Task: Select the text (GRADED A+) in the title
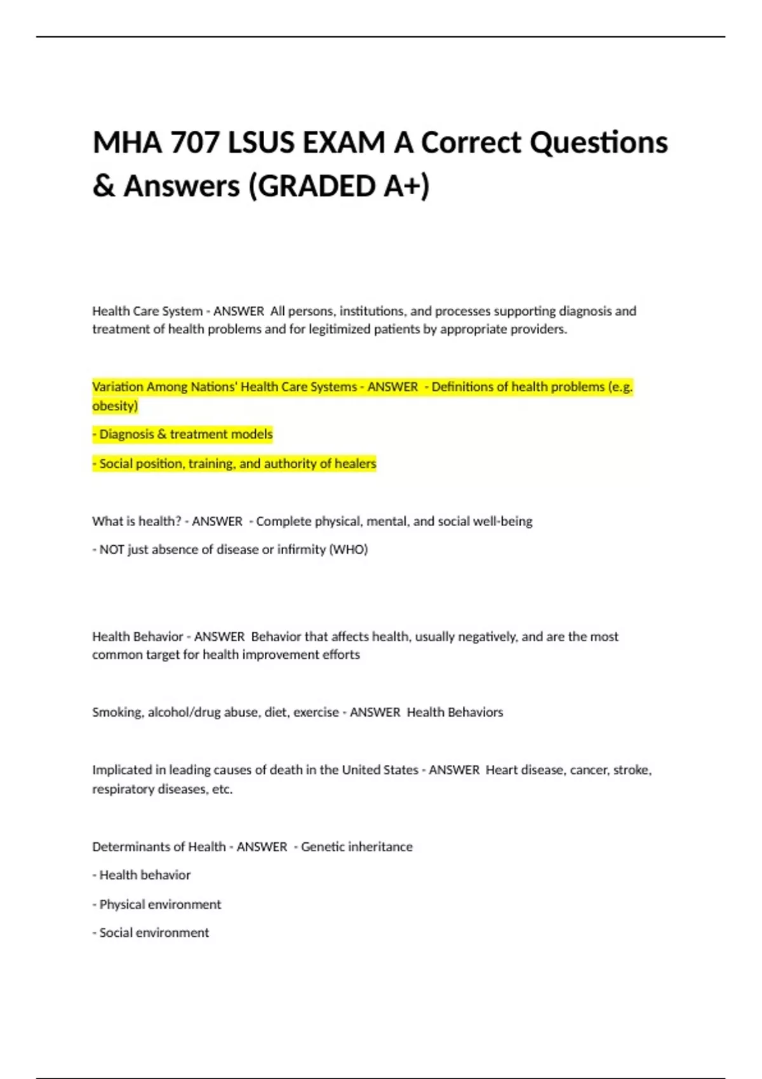339,187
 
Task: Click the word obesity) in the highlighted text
115,406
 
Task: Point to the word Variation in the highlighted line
117,387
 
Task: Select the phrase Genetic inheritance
356,847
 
